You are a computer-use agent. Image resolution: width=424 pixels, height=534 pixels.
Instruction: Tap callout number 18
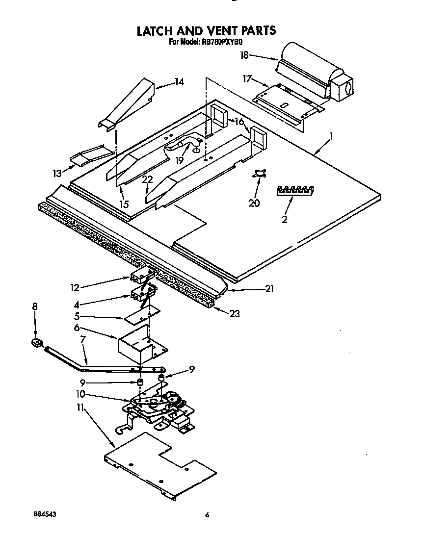click(x=244, y=55)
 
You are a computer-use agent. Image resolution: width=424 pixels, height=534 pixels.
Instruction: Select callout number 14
click(x=179, y=82)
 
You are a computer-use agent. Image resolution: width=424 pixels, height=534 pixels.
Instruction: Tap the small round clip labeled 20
click(x=259, y=174)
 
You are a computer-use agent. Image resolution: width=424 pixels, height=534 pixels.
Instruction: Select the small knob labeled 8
click(x=35, y=342)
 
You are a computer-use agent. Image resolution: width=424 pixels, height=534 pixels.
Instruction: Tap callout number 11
click(x=80, y=407)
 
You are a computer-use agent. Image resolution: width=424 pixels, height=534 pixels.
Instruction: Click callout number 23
click(x=235, y=313)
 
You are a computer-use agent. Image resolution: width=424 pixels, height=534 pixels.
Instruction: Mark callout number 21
click(x=269, y=289)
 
